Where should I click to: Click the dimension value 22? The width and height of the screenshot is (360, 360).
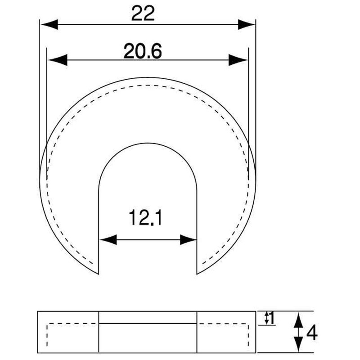(143, 13)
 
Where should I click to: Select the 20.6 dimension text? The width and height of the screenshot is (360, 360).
(143, 51)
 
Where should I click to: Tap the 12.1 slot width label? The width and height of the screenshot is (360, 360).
(145, 217)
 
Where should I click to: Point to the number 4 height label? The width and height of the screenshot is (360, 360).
(312, 333)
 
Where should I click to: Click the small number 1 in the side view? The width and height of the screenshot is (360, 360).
(272, 318)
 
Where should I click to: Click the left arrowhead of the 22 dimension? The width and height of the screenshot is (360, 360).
(49, 24)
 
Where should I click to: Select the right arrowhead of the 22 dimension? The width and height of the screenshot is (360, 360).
(246, 24)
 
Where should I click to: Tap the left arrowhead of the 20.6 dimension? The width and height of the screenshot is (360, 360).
(57, 60)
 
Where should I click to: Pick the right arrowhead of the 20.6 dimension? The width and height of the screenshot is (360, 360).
(238, 60)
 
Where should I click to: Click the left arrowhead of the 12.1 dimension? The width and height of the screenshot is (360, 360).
(108, 240)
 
